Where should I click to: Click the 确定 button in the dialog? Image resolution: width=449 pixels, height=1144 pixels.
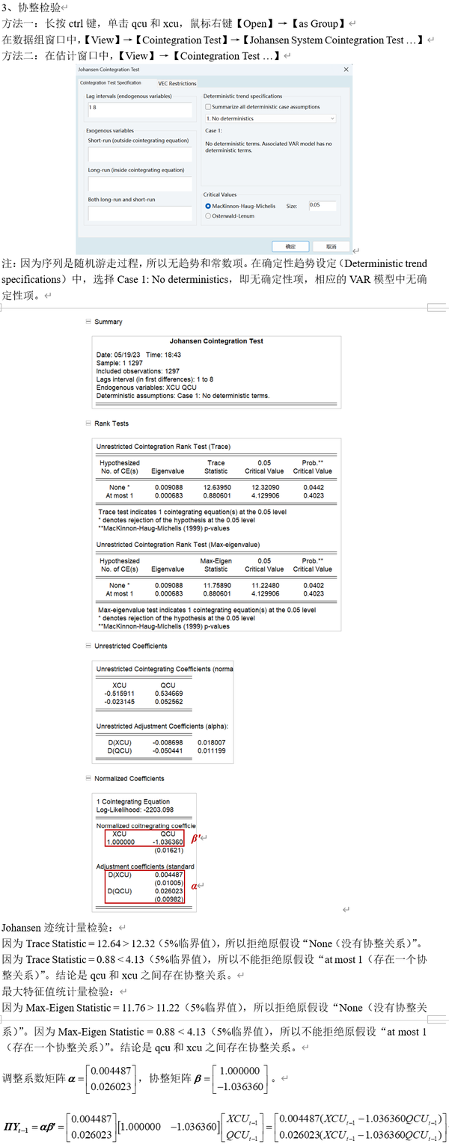(x=290, y=246)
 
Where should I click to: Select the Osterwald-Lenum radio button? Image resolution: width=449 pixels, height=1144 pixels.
(x=208, y=216)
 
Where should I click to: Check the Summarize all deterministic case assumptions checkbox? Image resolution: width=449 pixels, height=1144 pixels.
(x=208, y=107)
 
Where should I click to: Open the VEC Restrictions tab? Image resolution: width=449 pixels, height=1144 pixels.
(x=177, y=84)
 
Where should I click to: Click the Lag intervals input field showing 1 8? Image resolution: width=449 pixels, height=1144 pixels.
(x=139, y=109)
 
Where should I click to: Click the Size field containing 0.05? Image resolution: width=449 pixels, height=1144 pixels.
(x=322, y=205)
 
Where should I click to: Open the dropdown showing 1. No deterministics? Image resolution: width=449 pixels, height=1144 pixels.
(x=270, y=118)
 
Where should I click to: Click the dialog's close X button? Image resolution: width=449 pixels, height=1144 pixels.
(x=346, y=70)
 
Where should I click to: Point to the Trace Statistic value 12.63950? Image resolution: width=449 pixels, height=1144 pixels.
(x=216, y=488)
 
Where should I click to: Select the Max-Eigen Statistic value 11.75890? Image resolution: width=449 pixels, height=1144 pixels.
(x=216, y=586)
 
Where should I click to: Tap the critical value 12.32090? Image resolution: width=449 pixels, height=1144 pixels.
(x=264, y=488)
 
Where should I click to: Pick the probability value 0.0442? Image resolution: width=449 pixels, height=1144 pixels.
(x=312, y=488)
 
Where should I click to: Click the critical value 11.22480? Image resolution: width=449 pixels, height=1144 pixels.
(x=264, y=586)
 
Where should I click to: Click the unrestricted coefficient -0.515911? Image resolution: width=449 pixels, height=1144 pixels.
(x=119, y=694)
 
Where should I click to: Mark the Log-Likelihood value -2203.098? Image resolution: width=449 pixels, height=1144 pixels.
(x=156, y=810)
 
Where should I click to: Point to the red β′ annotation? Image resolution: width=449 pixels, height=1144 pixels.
(x=197, y=839)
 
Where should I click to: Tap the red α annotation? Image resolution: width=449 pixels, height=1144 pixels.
(x=195, y=886)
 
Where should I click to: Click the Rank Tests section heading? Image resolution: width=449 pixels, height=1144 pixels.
(x=111, y=423)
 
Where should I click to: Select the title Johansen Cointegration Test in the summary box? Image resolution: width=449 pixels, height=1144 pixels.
(x=216, y=341)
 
